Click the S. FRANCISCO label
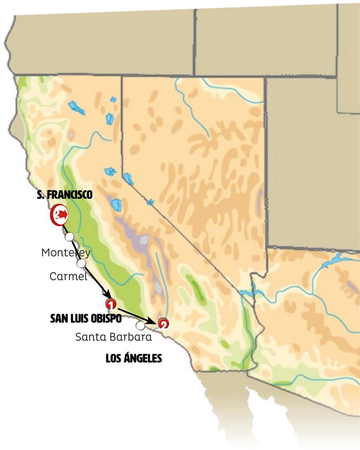coord(64,195)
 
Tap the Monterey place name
coord(66,253)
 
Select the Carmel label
coord(68,276)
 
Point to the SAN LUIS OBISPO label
coord(86,318)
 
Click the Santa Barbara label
coord(114,337)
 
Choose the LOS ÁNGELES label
coord(134,358)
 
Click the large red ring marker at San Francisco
coord(58,215)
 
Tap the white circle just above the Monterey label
coord(70,237)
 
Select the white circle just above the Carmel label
coord(81,263)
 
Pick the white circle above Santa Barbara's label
coord(140,325)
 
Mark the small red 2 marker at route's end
coord(163,324)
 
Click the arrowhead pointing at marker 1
coord(107,296)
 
